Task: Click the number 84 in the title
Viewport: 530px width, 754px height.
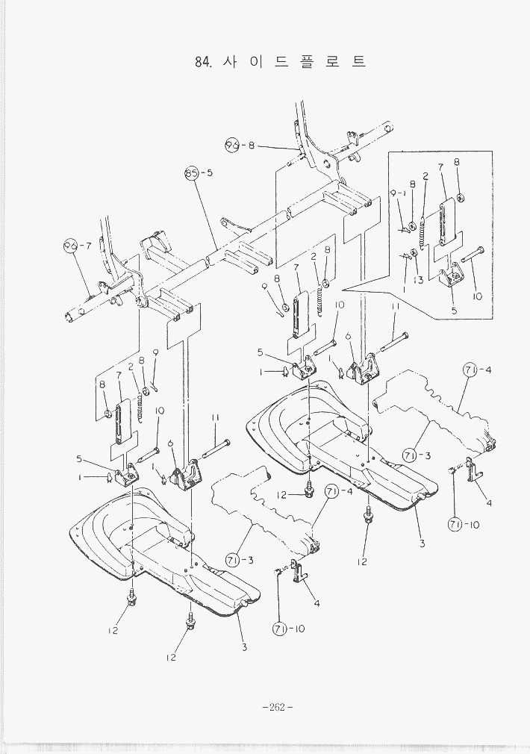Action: (202, 63)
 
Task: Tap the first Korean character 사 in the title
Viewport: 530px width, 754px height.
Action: (231, 62)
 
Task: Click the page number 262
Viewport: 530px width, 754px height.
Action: (278, 708)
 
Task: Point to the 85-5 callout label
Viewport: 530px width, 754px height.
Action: (199, 173)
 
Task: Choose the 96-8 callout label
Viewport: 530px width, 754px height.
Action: (240, 145)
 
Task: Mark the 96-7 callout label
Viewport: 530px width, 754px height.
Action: (77, 245)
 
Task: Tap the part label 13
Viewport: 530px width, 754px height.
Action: (419, 279)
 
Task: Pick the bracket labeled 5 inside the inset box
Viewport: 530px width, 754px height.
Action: (452, 279)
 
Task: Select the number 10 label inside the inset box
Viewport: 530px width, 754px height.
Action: (477, 296)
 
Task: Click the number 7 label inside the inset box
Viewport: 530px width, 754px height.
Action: (441, 167)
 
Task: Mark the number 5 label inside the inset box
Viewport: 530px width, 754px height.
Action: (453, 309)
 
